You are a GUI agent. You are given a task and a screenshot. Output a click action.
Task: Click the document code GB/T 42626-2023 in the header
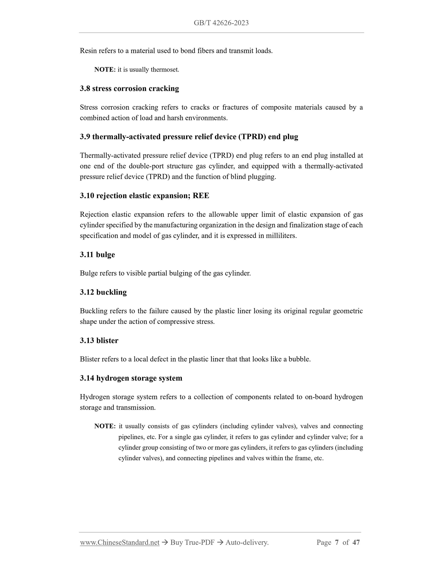point(221,23)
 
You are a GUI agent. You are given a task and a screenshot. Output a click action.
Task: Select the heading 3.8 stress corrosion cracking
point(129,89)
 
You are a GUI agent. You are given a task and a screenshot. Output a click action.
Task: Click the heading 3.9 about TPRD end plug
point(189,137)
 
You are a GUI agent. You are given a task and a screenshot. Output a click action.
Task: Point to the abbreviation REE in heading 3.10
point(201,196)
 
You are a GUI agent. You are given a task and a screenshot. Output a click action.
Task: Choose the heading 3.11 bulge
point(97,254)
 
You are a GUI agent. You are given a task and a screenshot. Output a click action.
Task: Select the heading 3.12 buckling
point(103,292)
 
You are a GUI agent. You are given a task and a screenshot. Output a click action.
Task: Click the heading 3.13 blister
point(99,340)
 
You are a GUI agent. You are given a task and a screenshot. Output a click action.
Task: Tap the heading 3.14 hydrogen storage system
point(131,378)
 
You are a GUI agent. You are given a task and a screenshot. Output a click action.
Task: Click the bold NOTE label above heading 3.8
point(105,70)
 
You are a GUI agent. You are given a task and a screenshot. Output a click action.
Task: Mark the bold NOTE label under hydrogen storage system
point(105,426)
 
